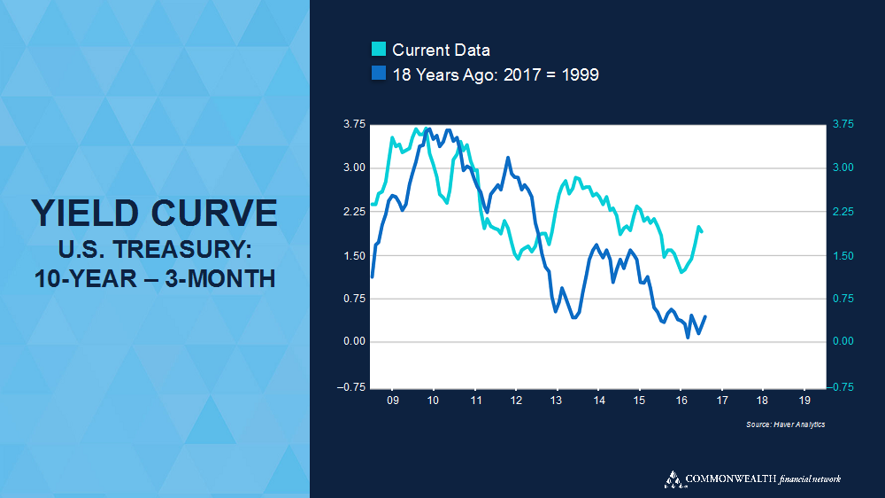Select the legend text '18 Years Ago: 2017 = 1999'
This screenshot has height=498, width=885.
tap(496, 74)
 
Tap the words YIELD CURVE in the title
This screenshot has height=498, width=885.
tap(154, 214)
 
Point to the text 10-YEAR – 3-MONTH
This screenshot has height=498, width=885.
tap(155, 278)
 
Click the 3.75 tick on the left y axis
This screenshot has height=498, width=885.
tap(354, 124)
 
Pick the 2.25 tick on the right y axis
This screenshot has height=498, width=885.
tap(845, 212)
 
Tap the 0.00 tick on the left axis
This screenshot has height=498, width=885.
tap(354, 342)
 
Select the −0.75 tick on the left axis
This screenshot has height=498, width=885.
tap(352, 385)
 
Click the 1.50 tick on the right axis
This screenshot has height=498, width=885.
tap(845, 255)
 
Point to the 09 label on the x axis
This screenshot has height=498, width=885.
tap(392, 401)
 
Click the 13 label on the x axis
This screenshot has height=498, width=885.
tap(557, 401)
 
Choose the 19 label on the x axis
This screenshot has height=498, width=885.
tap(804, 401)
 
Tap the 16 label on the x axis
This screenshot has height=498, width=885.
tap(680, 401)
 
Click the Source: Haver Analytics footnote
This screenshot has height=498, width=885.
tap(786, 425)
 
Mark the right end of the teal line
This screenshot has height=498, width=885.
tap(702, 232)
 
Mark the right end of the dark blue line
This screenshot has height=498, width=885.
tap(705, 317)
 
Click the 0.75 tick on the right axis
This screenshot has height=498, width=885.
tap(845, 299)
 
